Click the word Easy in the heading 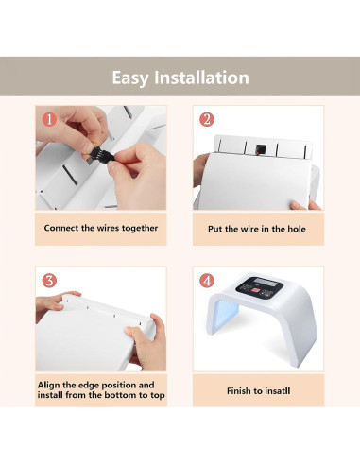[129, 78]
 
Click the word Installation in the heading [201, 77]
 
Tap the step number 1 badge [49, 119]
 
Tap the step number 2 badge [207, 119]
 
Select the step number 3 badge [49, 281]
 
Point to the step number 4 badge [207, 281]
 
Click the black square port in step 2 [261, 148]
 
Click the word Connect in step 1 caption [61, 228]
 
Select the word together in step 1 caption [140, 229]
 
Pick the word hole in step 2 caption [297, 229]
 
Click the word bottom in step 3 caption [121, 395]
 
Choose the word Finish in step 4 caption [238, 391]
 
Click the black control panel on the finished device [259, 288]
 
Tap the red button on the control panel [256, 292]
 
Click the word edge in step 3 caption [89, 386]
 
